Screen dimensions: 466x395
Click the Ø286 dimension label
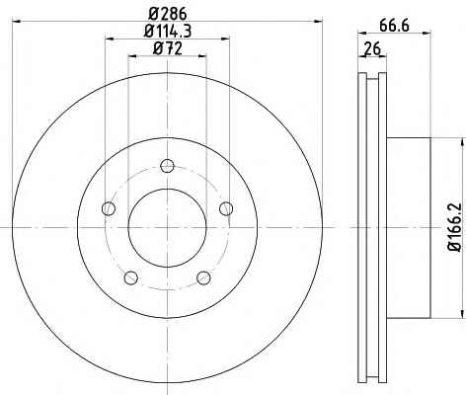point(168,14)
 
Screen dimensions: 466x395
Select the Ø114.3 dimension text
point(168,32)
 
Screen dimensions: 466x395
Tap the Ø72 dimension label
point(168,48)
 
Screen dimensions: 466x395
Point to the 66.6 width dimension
point(394,26)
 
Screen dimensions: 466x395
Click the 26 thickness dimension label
point(372,49)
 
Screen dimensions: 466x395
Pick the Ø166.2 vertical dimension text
point(456,228)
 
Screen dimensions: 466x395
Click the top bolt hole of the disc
point(167,166)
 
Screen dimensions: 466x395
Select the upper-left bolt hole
point(109,208)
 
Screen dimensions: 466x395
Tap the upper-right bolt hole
point(226,208)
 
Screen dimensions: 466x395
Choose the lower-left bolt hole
point(131,277)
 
